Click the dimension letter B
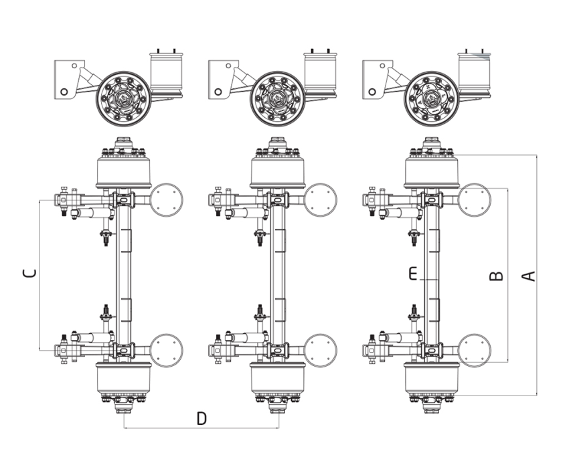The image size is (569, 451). point(497,276)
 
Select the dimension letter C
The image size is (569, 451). point(29,273)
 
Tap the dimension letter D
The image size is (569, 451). point(201,418)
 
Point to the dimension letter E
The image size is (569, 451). point(413,274)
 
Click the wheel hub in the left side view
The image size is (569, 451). point(124,98)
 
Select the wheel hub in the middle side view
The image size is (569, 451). point(278,98)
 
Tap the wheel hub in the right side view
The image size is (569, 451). point(432,98)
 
